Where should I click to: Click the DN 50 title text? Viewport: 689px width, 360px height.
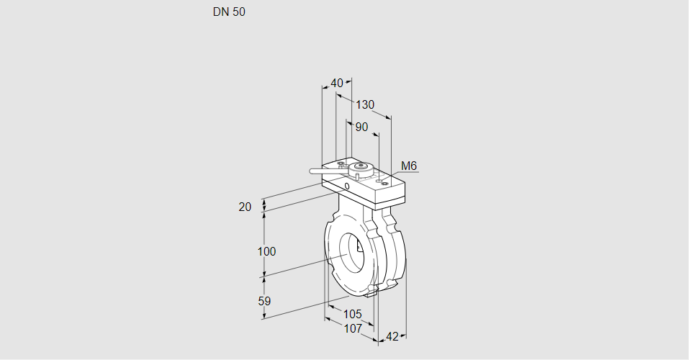229,12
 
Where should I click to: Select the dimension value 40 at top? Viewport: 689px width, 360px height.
337,83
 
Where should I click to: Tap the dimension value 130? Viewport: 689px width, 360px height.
365,104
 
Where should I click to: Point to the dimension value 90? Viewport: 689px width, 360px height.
361,127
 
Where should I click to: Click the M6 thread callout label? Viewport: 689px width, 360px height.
409,166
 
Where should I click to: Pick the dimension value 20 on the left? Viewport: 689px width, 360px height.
245,207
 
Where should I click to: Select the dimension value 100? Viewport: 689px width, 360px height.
267,251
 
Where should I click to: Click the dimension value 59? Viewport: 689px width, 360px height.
264,301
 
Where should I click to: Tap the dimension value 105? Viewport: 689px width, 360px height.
353,314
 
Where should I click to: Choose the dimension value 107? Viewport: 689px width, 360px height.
353,328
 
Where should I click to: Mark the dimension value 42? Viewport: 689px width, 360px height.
392,336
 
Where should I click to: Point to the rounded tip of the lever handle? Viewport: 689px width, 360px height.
312,171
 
